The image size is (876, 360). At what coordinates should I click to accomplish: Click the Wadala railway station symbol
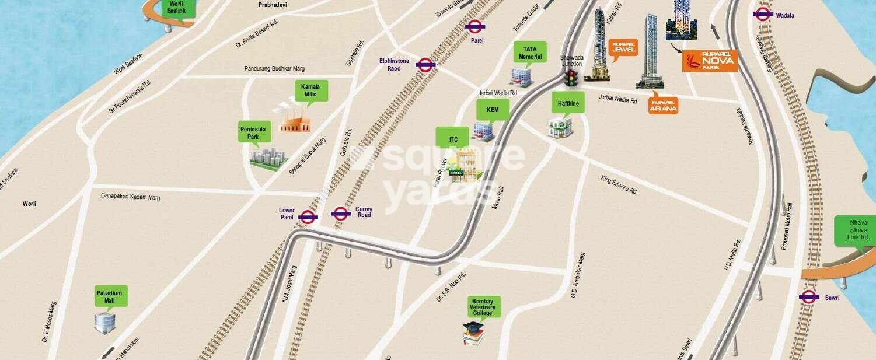[763, 15]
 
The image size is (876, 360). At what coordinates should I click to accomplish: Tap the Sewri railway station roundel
[808, 297]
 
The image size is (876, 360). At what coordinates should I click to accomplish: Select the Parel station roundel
[476, 26]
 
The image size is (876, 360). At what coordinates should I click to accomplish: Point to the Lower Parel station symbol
[308, 217]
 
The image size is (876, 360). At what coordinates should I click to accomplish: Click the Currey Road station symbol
[341, 213]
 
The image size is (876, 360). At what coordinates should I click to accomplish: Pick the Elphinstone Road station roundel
[425, 64]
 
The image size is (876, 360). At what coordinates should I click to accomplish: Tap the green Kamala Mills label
[310, 91]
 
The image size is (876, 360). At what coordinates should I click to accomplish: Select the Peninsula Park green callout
[254, 132]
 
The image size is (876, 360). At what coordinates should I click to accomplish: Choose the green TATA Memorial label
[529, 53]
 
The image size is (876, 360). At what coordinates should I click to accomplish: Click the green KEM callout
[493, 109]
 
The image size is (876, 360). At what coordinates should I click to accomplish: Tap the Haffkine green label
[567, 103]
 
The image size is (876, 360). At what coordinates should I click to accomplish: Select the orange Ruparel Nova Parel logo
[710, 61]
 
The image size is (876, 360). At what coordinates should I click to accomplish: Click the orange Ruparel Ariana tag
[663, 105]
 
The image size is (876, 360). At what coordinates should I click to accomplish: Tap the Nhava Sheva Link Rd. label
[854, 230]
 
